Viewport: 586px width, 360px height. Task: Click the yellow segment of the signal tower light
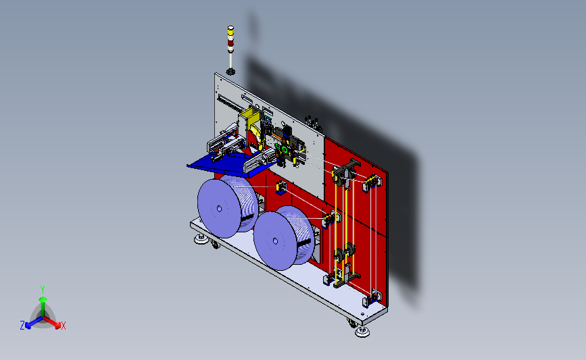(x=230, y=33)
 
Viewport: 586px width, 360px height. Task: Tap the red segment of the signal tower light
(x=230, y=43)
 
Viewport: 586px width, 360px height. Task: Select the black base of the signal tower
(x=230, y=72)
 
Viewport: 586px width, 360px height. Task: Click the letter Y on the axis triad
(x=43, y=290)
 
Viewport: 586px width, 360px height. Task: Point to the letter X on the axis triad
(x=63, y=326)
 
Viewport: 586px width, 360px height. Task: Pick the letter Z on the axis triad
(x=22, y=326)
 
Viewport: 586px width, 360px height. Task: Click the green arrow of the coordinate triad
(x=43, y=306)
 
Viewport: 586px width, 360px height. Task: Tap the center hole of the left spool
(x=220, y=209)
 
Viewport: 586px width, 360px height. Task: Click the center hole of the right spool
(x=276, y=241)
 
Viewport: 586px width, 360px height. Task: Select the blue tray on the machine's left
(x=228, y=165)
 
